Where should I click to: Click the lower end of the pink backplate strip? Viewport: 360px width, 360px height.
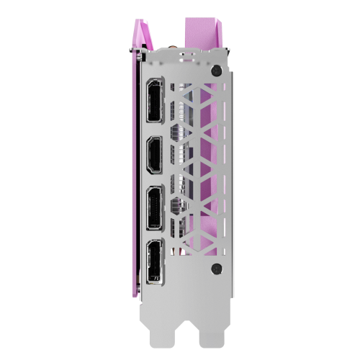pyautogui.click(x=134, y=288)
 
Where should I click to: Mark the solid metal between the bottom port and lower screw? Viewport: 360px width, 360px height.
pyautogui.click(x=191, y=269)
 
